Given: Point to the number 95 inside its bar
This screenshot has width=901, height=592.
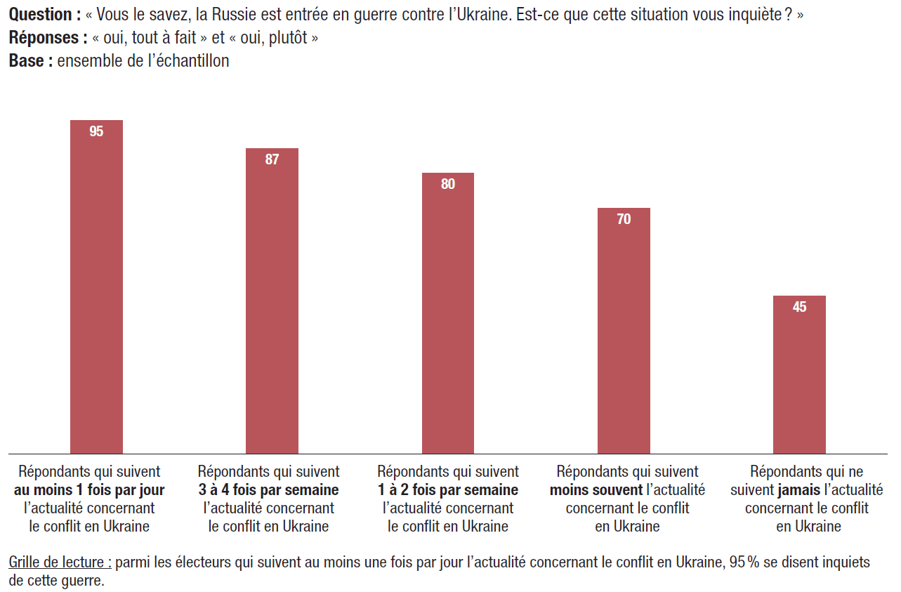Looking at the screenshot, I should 96,131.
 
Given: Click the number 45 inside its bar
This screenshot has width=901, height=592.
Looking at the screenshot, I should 799,307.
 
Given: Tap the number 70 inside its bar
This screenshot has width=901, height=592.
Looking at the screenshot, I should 624,219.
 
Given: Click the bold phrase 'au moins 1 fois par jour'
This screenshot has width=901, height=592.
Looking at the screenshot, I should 89,490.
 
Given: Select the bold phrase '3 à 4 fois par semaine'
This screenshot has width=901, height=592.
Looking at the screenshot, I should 269,490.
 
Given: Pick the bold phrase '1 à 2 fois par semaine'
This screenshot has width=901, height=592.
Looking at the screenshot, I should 448,490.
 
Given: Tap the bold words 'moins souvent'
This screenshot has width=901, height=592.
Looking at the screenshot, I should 596,490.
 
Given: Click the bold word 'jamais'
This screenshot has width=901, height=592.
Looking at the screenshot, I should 799,490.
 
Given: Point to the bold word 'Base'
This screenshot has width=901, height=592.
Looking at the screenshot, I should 27,61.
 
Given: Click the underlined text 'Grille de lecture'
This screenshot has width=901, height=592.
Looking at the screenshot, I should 59,563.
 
